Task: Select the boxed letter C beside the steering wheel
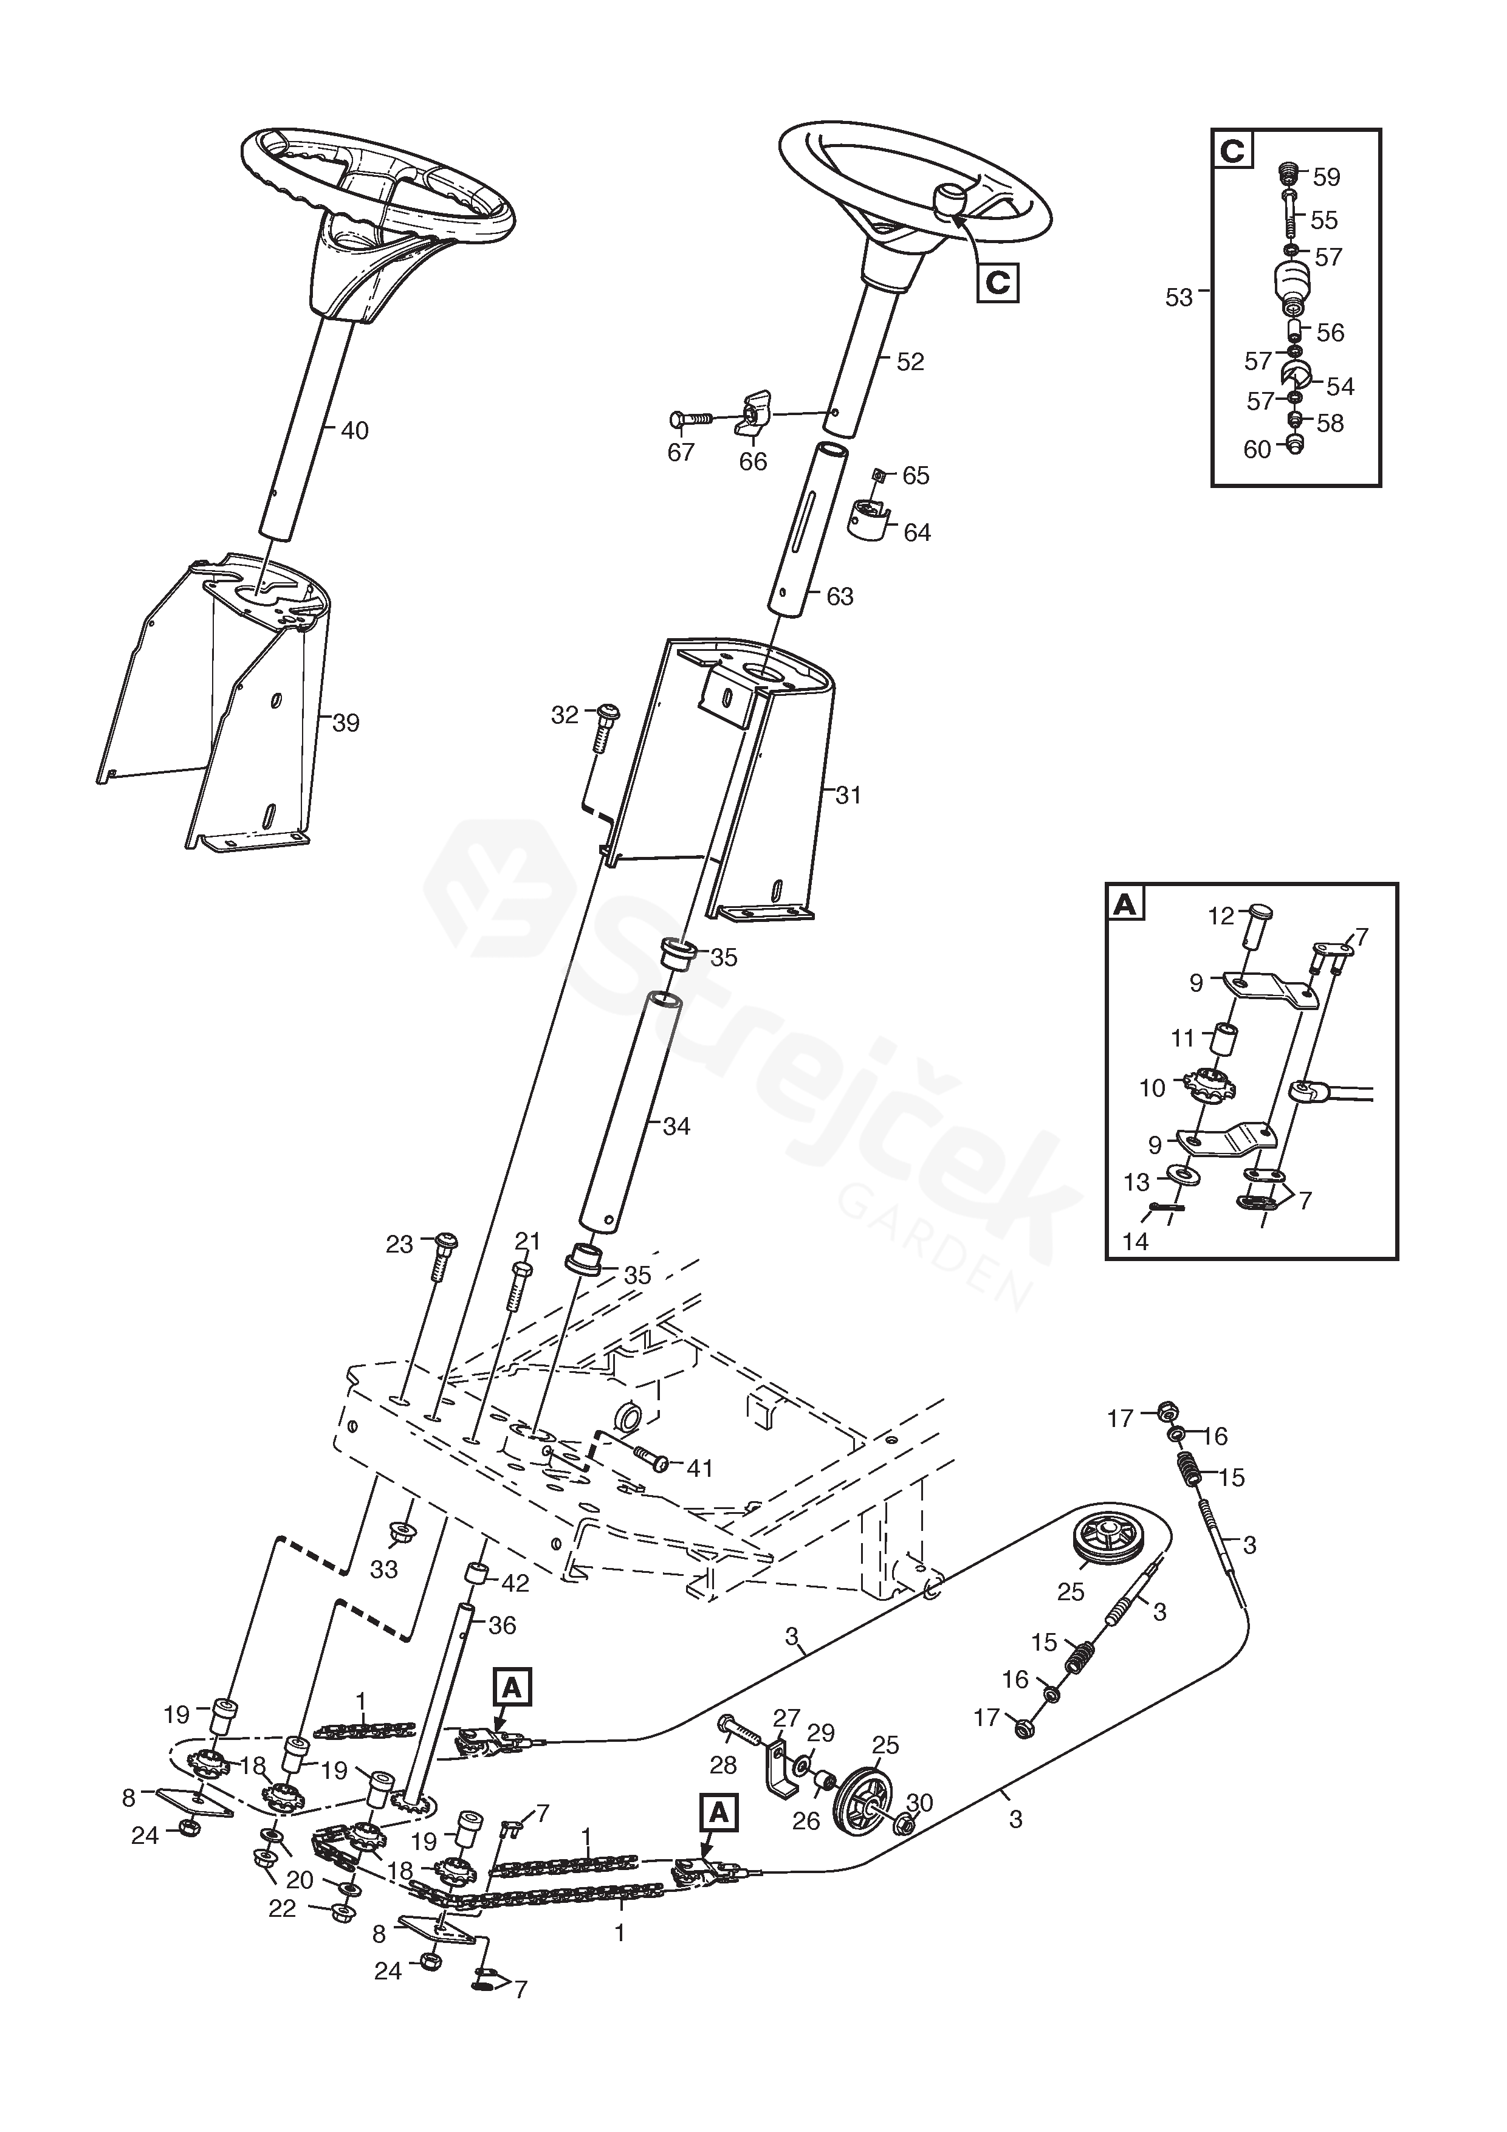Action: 997,281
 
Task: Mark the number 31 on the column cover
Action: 848,795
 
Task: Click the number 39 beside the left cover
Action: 345,723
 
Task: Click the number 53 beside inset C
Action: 1179,298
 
